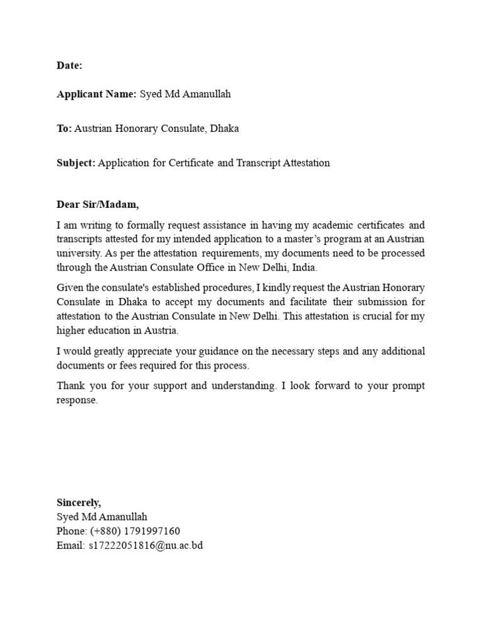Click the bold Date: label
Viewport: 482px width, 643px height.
69,66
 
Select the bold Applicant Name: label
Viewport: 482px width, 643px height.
96,94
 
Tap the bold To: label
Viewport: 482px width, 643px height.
64,129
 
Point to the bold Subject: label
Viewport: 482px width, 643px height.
76,163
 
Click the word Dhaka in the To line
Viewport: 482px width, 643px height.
224,129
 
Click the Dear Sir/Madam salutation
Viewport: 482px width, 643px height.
97,205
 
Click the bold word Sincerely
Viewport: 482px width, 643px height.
78,503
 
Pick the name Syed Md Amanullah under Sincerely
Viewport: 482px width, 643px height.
102,517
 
